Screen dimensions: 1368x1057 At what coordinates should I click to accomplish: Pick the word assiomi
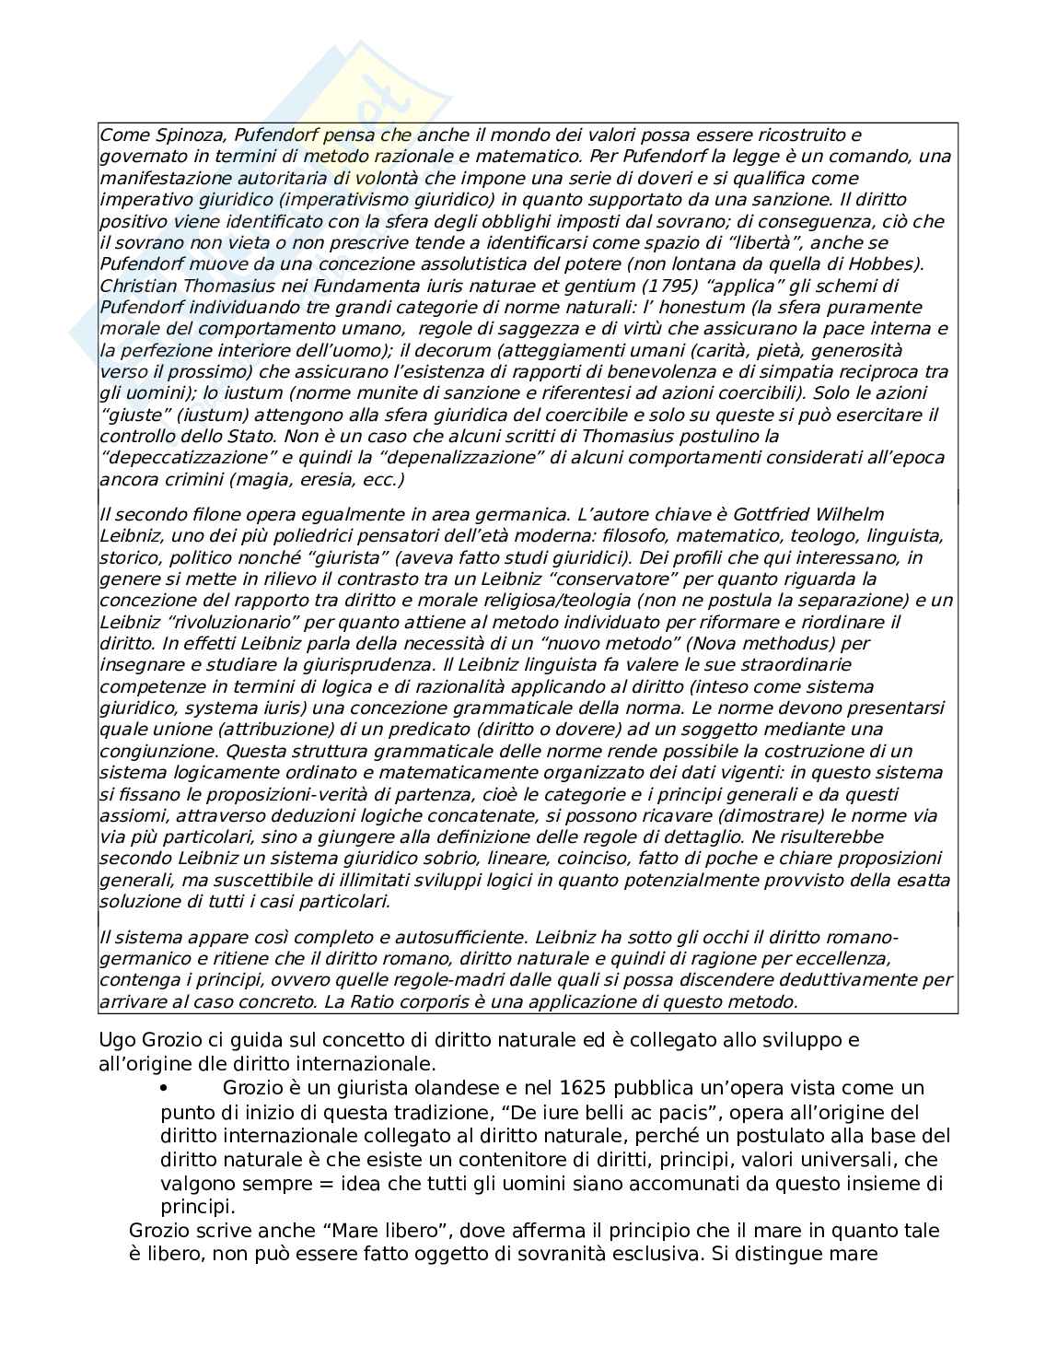click(x=130, y=815)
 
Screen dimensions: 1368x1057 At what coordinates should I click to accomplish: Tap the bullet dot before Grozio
click(x=165, y=1088)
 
